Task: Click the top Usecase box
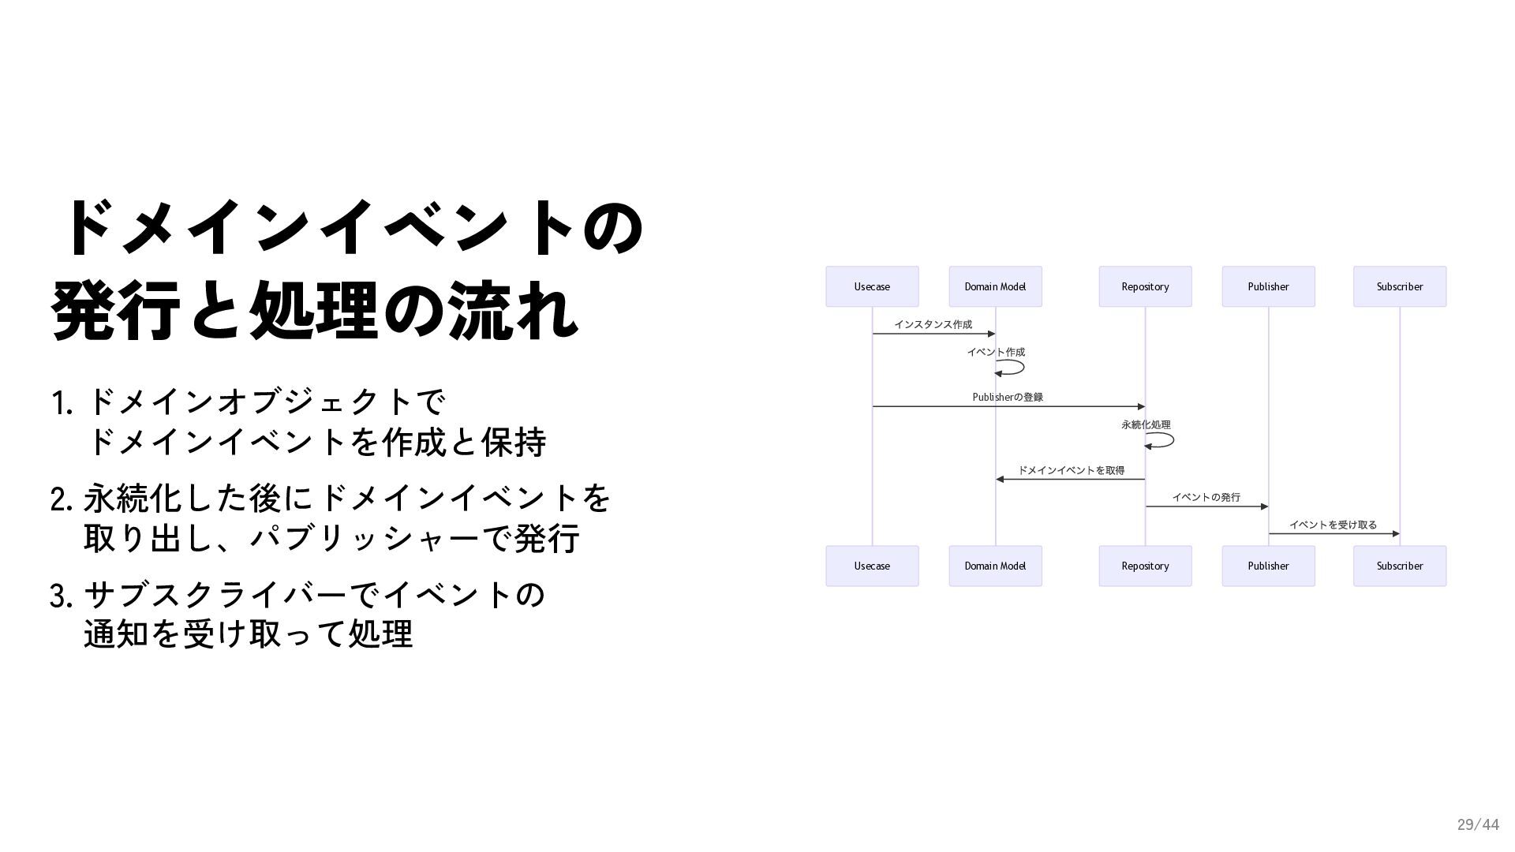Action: (872, 286)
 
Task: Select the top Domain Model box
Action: (995, 286)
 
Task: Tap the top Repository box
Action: (1145, 286)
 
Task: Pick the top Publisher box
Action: (1268, 286)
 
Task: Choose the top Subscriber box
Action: (1399, 286)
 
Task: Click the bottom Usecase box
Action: (872, 566)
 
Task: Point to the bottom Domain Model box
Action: (995, 566)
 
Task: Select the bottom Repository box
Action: (1145, 566)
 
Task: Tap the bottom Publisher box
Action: (1268, 566)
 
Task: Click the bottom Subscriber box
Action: (1399, 566)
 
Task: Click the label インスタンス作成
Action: (933, 324)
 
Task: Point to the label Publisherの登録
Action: (1008, 397)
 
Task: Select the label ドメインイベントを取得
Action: (1071, 470)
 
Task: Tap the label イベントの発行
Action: (1206, 497)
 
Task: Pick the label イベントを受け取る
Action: (1333, 525)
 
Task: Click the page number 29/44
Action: (1477, 824)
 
